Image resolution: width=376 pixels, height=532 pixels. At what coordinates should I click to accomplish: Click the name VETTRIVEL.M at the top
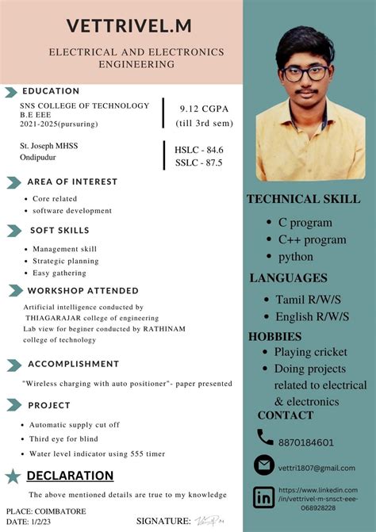coord(129,26)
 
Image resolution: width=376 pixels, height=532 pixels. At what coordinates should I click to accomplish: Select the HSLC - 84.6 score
coord(199,149)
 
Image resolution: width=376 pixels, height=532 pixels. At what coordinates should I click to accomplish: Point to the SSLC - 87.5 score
coord(199,163)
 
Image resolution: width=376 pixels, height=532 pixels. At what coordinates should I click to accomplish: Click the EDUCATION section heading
coord(51,90)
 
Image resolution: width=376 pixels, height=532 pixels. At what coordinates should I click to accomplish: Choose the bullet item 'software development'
coord(72,211)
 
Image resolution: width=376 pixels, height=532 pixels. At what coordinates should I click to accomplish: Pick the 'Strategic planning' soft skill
coord(66,260)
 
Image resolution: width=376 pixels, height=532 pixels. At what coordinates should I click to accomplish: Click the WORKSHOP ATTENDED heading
coord(83,290)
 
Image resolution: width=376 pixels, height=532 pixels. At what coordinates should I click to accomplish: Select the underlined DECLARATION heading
coord(70,476)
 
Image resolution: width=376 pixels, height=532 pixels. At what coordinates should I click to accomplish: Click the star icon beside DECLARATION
coord(13,476)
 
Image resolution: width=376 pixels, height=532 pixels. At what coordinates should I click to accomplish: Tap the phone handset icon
coord(265,436)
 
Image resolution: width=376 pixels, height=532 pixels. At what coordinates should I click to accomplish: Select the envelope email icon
coord(264,465)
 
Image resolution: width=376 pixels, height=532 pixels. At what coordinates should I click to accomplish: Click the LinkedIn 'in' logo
coord(264,497)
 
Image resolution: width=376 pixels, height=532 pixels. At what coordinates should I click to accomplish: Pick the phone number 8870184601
coord(306,442)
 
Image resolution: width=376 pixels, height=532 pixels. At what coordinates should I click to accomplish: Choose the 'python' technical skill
coord(296,257)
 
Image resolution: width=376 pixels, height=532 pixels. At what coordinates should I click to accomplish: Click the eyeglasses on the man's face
coord(306,72)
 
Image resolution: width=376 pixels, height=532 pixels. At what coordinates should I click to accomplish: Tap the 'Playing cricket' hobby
coord(311,351)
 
